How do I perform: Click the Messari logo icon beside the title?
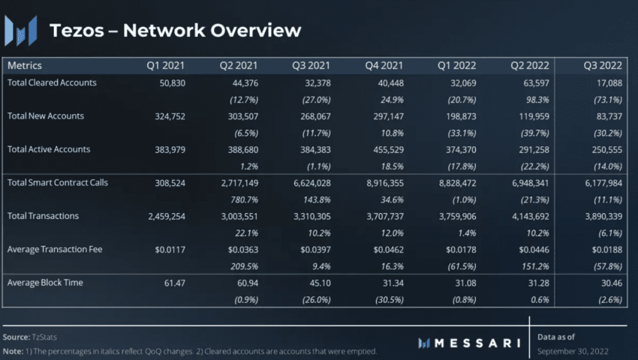coord(21,30)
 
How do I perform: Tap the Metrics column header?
coord(25,66)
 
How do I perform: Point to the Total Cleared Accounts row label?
coord(53,82)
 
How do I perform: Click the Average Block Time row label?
coord(45,283)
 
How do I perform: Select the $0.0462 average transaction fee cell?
coord(385,249)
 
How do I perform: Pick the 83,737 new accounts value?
coord(608,115)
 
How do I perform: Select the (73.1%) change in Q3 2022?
coord(606,98)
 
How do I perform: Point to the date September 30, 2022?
coord(573,350)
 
